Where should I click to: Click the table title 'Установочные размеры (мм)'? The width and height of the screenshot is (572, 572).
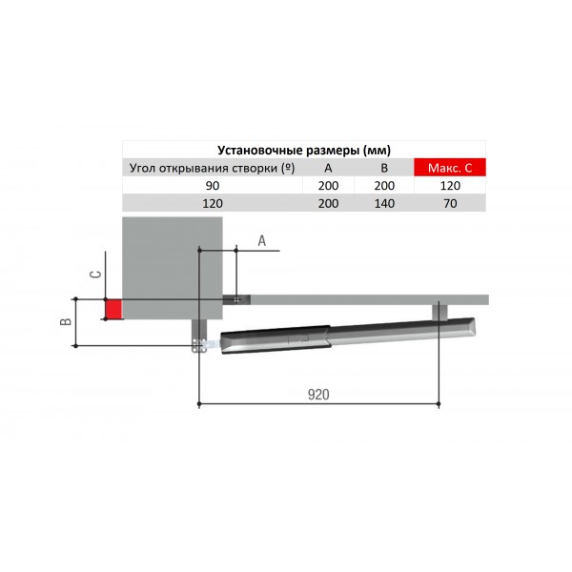point(304,151)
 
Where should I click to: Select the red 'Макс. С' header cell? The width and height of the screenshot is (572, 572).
point(450,168)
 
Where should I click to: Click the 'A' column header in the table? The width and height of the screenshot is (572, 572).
point(328,168)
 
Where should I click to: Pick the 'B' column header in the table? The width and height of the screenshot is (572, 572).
point(384,168)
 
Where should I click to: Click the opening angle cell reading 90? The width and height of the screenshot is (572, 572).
point(213,186)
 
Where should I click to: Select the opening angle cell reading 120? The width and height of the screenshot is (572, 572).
point(213,203)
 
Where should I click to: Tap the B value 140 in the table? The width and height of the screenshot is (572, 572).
point(384,203)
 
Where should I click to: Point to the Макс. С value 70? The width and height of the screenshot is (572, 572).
point(450,203)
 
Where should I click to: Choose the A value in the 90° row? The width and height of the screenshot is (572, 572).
point(328,186)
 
